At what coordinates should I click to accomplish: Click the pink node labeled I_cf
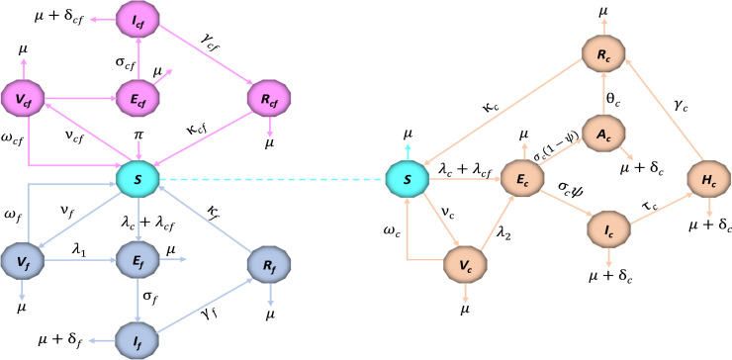[138, 21]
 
